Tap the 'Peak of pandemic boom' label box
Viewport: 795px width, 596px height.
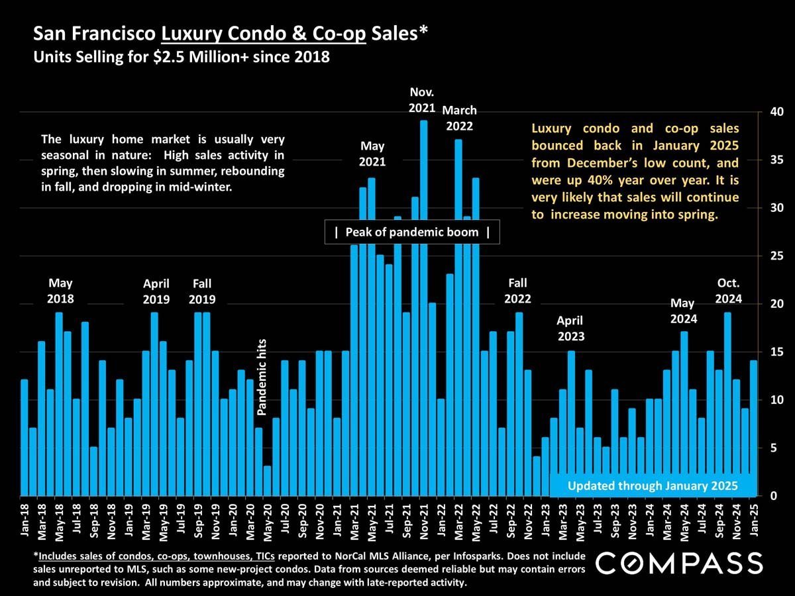coord(412,232)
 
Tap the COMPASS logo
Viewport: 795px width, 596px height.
coord(679,563)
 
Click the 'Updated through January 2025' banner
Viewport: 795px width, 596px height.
coord(653,485)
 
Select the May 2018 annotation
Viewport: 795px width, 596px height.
coord(60,291)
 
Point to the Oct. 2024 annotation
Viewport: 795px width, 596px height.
coord(728,291)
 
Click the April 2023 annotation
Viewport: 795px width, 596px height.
coord(570,328)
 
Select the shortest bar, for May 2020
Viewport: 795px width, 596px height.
coord(267,481)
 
